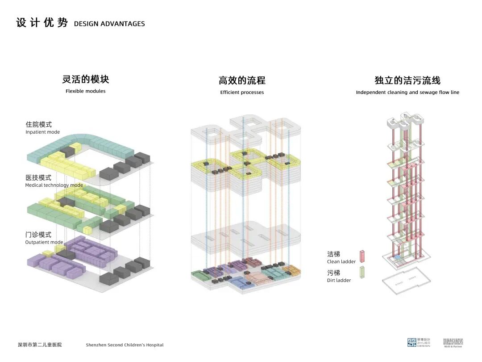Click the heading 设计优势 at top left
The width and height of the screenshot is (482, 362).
(x=42, y=23)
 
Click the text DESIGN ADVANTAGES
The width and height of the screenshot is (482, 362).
(x=109, y=24)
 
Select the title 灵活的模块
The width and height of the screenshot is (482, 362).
(x=86, y=80)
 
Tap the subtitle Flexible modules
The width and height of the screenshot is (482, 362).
(x=86, y=91)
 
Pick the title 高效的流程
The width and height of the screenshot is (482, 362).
(x=242, y=80)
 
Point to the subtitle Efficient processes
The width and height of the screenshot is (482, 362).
(x=242, y=93)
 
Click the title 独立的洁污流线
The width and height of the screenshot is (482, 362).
(x=407, y=80)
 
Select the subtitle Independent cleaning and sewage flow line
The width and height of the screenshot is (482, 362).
(x=407, y=93)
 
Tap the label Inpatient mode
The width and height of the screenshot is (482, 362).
(x=43, y=132)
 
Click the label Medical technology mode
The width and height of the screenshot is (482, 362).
(x=54, y=185)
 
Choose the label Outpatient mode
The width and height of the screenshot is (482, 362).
(x=44, y=242)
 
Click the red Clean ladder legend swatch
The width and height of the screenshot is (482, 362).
(x=362, y=256)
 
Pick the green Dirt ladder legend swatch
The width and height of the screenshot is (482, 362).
(x=362, y=273)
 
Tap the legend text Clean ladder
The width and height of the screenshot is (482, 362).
(x=341, y=262)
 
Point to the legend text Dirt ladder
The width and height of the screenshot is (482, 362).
(x=339, y=281)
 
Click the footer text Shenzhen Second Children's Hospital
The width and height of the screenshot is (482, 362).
(x=125, y=345)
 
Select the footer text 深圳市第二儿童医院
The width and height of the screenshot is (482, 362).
(x=40, y=345)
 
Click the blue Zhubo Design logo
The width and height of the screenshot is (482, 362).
(x=412, y=342)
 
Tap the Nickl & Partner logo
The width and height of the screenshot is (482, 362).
(x=453, y=342)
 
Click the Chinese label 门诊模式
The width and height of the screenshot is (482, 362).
(x=38, y=235)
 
